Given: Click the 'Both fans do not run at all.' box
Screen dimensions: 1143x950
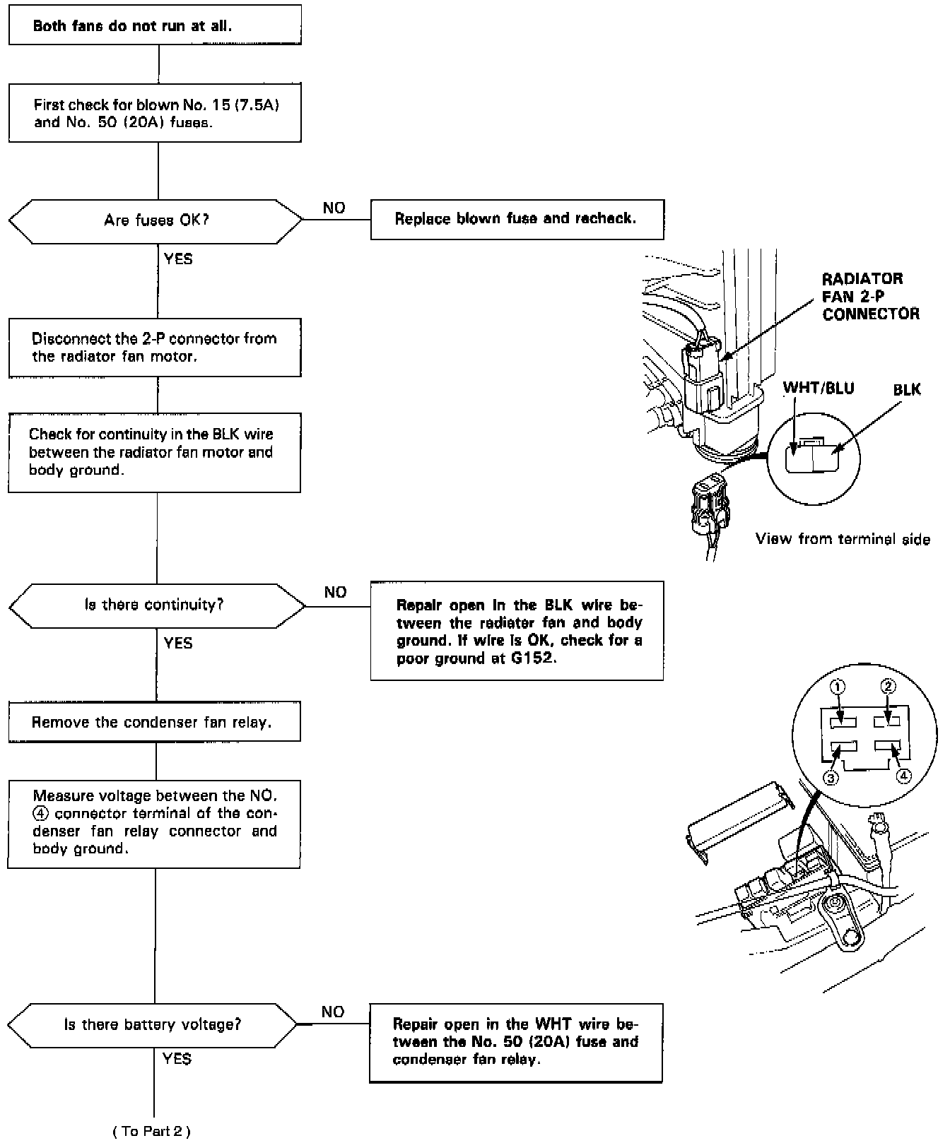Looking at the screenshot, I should [x=155, y=26].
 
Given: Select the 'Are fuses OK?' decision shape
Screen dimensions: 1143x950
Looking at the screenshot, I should [x=156, y=220].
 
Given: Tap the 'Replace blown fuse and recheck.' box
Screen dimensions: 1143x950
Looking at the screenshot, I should [x=517, y=219].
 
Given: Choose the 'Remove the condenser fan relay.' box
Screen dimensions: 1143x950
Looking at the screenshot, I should [x=154, y=722].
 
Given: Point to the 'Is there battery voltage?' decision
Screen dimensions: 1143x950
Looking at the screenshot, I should [x=153, y=1024].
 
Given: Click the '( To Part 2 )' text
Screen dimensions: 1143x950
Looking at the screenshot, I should [x=151, y=1131].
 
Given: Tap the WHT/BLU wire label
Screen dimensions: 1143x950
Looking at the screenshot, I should [x=818, y=389].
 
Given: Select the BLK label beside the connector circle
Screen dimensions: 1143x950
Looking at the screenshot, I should [x=907, y=390].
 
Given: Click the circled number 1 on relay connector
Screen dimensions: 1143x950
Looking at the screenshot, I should [x=838, y=687].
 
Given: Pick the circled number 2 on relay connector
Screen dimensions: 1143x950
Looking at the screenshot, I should [x=889, y=686].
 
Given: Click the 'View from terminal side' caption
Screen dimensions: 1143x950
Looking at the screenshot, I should [x=843, y=539].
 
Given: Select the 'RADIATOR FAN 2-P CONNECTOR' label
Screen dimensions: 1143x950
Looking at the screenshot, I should [x=869, y=296].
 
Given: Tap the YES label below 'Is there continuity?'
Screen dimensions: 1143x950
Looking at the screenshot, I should [x=177, y=643].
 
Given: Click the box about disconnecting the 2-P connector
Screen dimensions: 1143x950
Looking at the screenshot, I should [x=155, y=347].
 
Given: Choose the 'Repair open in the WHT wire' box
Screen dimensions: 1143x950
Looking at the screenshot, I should [x=516, y=1042].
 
